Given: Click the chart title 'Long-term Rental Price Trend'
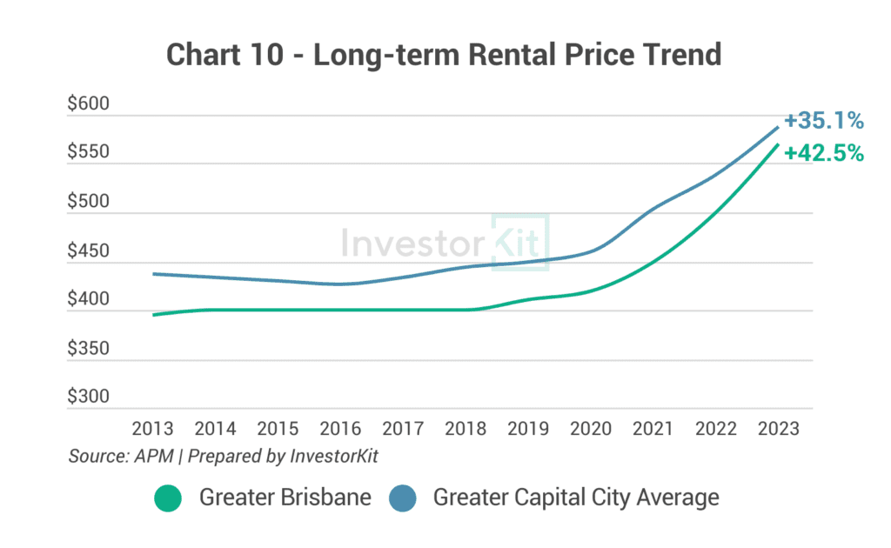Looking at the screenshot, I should point(444,55).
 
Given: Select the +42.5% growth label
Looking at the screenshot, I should point(822,153).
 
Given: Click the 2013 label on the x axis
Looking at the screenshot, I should point(152,430).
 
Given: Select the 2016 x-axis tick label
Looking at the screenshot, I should point(340,430).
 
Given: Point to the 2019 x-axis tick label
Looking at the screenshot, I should point(527,430).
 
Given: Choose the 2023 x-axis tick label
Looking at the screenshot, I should point(778,430).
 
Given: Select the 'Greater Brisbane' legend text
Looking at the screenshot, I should point(285,498).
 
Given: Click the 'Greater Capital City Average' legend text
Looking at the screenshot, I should point(576,498).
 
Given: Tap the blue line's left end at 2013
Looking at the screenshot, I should point(153,274).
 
